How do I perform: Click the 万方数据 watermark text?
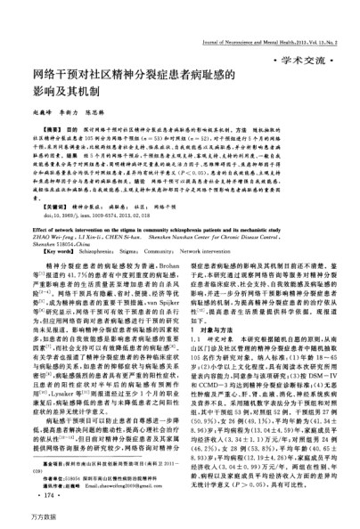[20, 518]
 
